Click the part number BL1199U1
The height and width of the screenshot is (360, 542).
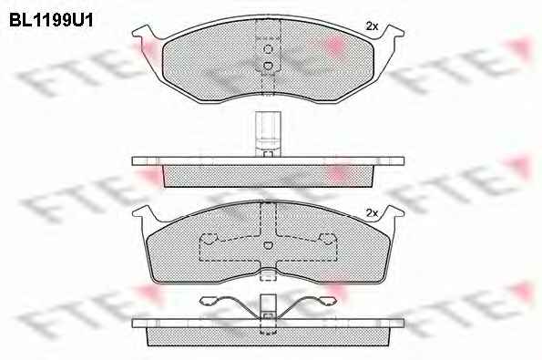pos(51,20)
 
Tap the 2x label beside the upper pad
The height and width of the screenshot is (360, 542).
pos(372,26)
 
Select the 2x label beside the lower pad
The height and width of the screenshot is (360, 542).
pos(372,213)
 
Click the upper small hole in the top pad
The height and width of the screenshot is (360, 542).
pos(268,49)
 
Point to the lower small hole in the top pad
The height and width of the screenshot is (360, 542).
pos(268,65)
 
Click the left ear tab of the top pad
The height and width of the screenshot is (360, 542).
pos(145,34)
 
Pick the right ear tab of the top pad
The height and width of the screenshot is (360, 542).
pos(392,34)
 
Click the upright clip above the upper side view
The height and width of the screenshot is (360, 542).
pos(268,134)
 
